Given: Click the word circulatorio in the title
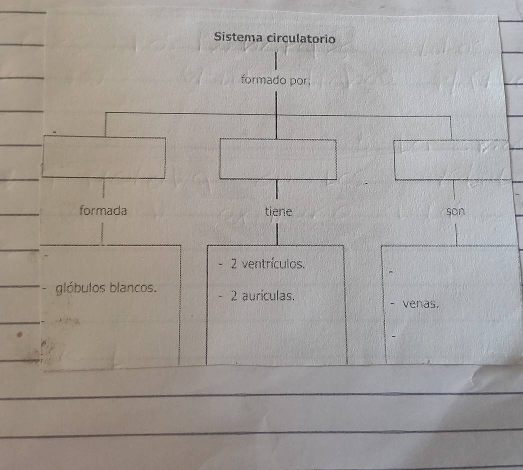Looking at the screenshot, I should click(x=300, y=38).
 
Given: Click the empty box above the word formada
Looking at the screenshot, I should click(x=103, y=156).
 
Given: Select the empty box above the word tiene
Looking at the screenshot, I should click(x=278, y=159).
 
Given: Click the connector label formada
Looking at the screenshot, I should click(x=103, y=210).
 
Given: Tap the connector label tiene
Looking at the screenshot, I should click(x=278, y=211).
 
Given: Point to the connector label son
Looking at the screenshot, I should click(x=455, y=211).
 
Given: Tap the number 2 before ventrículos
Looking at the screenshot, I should click(x=233, y=263).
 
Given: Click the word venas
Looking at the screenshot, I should click(x=420, y=302).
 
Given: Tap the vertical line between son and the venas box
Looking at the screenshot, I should click(x=456, y=233).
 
